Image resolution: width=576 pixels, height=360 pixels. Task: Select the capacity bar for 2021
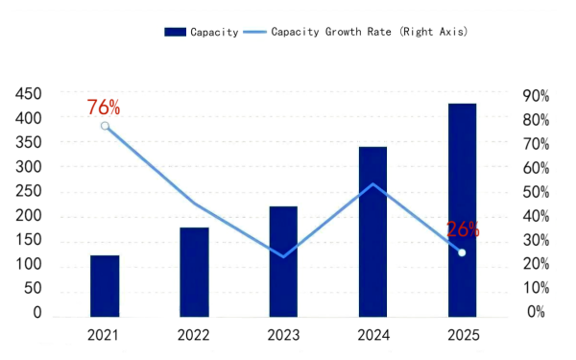click(x=105, y=285)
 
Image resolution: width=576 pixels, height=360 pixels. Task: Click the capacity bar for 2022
click(x=194, y=272)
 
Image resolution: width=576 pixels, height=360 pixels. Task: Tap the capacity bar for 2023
click(x=283, y=261)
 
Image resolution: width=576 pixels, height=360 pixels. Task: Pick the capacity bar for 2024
click(x=372, y=231)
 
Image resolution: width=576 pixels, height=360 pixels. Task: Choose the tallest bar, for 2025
click(x=462, y=209)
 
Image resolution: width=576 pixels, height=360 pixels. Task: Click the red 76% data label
click(x=104, y=107)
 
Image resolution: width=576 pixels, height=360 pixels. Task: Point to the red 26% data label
click(x=463, y=229)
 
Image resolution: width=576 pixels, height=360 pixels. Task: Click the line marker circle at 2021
click(x=105, y=126)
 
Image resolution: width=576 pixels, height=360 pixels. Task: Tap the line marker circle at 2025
click(x=462, y=252)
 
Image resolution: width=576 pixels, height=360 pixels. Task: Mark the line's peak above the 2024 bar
click(x=372, y=184)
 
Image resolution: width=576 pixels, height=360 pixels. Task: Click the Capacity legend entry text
click(x=214, y=32)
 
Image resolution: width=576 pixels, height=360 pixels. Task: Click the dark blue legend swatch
click(x=175, y=32)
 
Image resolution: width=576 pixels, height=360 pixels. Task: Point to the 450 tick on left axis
click(x=28, y=93)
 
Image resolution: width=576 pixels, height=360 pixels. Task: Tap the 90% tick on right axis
click(x=535, y=95)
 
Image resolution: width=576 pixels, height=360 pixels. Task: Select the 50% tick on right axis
click(x=535, y=192)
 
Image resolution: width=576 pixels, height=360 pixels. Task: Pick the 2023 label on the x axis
click(x=283, y=336)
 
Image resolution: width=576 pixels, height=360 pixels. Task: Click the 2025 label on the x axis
click(x=462, y=336)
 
